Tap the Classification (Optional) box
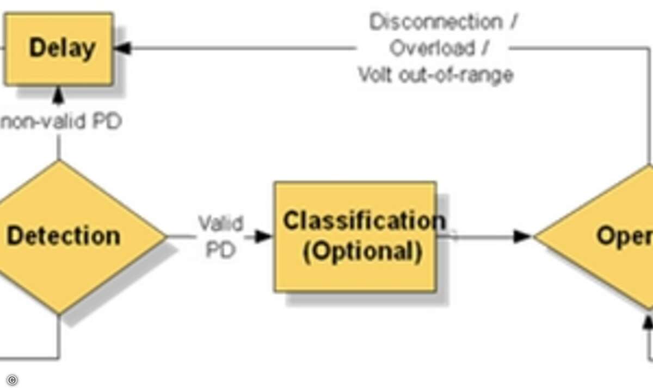(355, 236)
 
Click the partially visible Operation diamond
(609, 236)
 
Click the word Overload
(432, 48)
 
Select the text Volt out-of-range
(435, 75)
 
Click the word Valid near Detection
(220, 223)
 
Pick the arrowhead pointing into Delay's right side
(123, 48)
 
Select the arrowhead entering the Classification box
(263, 236)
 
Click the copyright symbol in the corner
(12, 379)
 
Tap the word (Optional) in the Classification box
(362, 252)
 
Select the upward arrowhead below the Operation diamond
(648, 322)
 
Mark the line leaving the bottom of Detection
(58, 338)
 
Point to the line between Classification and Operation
(479, 236)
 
